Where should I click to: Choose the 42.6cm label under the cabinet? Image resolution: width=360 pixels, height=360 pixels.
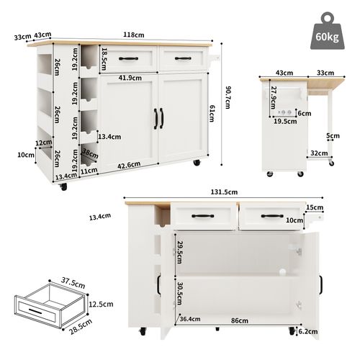[130, 166]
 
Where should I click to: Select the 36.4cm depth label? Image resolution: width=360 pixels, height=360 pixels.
[190, 319]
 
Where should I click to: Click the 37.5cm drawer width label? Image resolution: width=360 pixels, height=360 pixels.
[50, 282]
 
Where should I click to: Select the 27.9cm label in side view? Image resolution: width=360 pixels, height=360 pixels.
[274, 100]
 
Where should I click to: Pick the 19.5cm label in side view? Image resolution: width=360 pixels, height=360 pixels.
[285, 122]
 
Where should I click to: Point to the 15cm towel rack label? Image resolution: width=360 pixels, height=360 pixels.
[314, 208]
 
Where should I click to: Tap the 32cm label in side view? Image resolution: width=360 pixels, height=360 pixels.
[318, 153]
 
